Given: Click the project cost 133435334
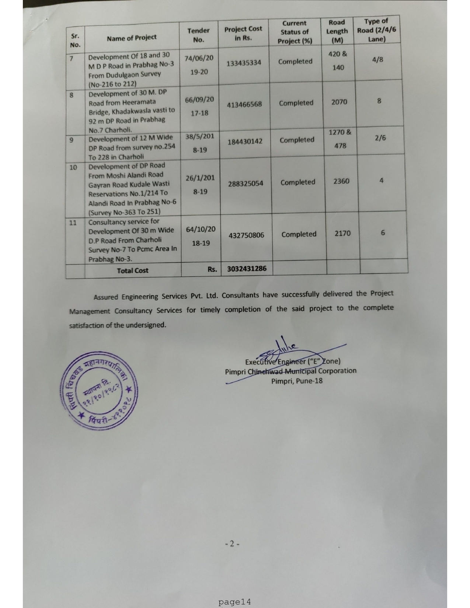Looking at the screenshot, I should click(x=244, y=63).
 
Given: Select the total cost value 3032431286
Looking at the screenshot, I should click(x=247, y=269).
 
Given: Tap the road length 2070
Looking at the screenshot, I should click(x=339, y=102).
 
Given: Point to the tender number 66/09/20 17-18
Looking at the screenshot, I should click(x=199, y=106).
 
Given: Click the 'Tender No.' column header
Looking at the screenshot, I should click(x=198, y=35).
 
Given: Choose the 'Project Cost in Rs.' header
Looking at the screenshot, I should click(x=243, y=33).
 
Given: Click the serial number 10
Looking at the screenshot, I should click(x=73, y=168).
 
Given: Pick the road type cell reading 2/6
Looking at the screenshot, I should click(x=380, y=138).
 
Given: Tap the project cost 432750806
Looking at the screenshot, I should click(x=246, y=235).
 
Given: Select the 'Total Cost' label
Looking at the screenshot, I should click(x=132, y=270).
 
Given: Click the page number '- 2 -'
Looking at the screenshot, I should click(x=232, y=544).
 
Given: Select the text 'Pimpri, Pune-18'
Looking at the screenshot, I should click(x=297, y=381).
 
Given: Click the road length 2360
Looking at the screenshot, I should click(x=341, y=181).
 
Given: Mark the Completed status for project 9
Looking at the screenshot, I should click(x=297, y=140).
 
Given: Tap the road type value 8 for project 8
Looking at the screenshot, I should click(x=379, y=101).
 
